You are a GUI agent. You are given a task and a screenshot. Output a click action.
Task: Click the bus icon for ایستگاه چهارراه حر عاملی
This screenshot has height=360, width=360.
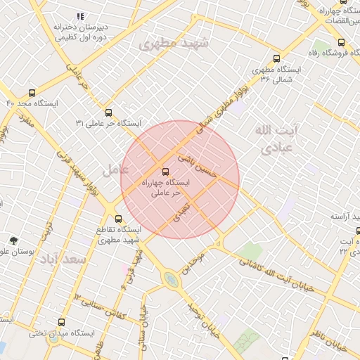click(x=166, y=171)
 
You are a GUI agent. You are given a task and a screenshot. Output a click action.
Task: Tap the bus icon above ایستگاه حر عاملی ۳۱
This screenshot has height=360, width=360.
click(x=108, y=112)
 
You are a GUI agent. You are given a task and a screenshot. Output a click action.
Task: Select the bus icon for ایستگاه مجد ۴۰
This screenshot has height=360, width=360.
click(x=32, y=93)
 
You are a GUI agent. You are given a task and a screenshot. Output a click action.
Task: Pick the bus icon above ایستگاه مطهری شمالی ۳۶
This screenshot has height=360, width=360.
click(x=276, y=59)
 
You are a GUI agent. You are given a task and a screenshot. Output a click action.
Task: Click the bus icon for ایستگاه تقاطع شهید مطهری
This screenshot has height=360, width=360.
click(x=118, y=219)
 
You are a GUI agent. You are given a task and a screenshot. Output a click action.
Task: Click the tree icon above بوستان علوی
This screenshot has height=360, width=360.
click(x=13, y=240)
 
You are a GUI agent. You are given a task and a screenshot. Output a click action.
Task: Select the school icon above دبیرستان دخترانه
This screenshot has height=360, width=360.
click(x=80, y=15)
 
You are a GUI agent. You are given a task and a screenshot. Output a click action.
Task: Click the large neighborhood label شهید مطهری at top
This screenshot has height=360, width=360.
click(x=175, y=44)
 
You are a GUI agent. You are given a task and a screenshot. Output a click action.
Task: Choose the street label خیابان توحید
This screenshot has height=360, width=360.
click(x=203, y=321)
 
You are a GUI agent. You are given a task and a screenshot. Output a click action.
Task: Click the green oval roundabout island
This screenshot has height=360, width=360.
click(x=171, y=281)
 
